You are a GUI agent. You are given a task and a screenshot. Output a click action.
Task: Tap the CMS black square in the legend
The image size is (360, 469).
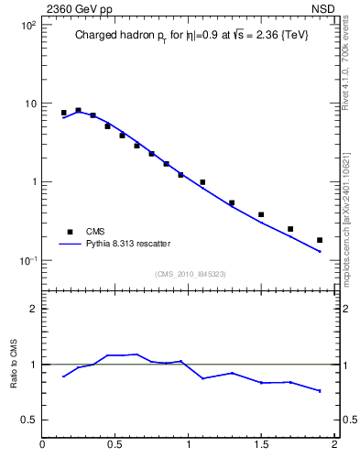[68, 232]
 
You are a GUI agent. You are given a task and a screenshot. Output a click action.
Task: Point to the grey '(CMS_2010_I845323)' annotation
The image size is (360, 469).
[190, 273]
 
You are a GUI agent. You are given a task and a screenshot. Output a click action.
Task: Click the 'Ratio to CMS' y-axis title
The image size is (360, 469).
[14, 365]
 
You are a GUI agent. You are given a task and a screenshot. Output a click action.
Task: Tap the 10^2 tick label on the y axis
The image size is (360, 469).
[27, 25]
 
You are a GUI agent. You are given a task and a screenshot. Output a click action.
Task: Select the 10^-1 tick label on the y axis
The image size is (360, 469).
[27, 260]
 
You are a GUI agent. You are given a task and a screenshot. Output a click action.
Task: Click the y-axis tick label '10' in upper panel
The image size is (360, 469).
[30, 104]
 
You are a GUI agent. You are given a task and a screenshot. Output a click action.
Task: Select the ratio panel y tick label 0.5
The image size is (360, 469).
[28, 420]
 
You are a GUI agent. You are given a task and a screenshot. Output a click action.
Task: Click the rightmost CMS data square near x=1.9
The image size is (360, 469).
[320, 240]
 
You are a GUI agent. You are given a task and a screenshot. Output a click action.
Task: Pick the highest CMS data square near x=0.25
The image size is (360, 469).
[78, 110]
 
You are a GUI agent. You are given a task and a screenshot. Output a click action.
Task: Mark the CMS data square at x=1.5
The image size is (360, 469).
[261, 214]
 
